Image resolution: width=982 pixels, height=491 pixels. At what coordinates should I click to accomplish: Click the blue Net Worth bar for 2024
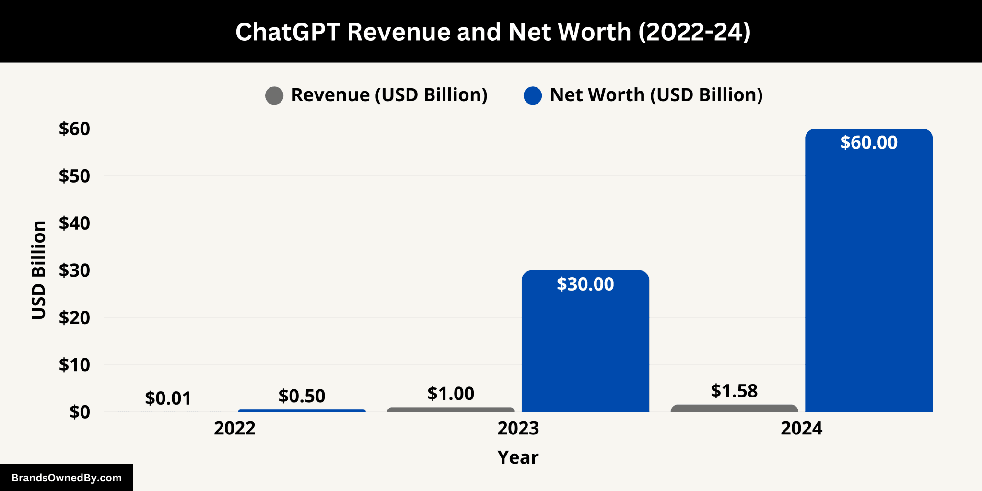(x=869, y=278)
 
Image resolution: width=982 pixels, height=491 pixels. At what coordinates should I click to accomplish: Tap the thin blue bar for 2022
(x=302, y=411)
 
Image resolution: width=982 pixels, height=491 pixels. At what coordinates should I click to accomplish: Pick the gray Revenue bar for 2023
(x=451, y=410)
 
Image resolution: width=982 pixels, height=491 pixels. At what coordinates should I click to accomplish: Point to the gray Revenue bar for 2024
(x=734, y=409)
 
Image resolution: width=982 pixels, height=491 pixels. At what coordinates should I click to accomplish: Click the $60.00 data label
(x=869, y=143)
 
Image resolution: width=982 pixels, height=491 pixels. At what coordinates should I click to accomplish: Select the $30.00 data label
(x=585, y=284)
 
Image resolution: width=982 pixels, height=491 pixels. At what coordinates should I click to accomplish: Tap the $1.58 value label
(x=734, y=391)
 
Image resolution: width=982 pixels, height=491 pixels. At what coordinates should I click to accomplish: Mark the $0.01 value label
(x=168, y=398)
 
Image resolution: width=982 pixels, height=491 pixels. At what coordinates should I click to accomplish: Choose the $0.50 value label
(x=302, y=396)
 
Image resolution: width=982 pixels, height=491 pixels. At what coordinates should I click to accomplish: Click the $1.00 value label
(x=451, y=394)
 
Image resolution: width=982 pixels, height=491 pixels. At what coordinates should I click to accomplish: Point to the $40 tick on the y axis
(x=74, y=223)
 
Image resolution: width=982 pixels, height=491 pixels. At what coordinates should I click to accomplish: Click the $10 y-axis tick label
(x=74, y=365)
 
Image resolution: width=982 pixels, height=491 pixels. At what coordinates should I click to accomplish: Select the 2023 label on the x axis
(x=518, y=428)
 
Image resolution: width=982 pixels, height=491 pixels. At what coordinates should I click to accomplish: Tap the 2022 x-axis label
(x=234, y=428)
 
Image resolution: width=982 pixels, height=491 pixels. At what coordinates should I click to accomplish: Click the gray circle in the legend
(x=274, y=95)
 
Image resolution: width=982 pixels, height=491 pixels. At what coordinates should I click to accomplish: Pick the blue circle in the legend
(x=533, y=95)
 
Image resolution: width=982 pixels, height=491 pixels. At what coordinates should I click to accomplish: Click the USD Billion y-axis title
(x=39, y=270)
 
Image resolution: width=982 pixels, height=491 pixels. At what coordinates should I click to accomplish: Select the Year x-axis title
(x=518, y=457)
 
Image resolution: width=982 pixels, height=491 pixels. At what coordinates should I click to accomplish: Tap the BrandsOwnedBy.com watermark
(x=67, y=478)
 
